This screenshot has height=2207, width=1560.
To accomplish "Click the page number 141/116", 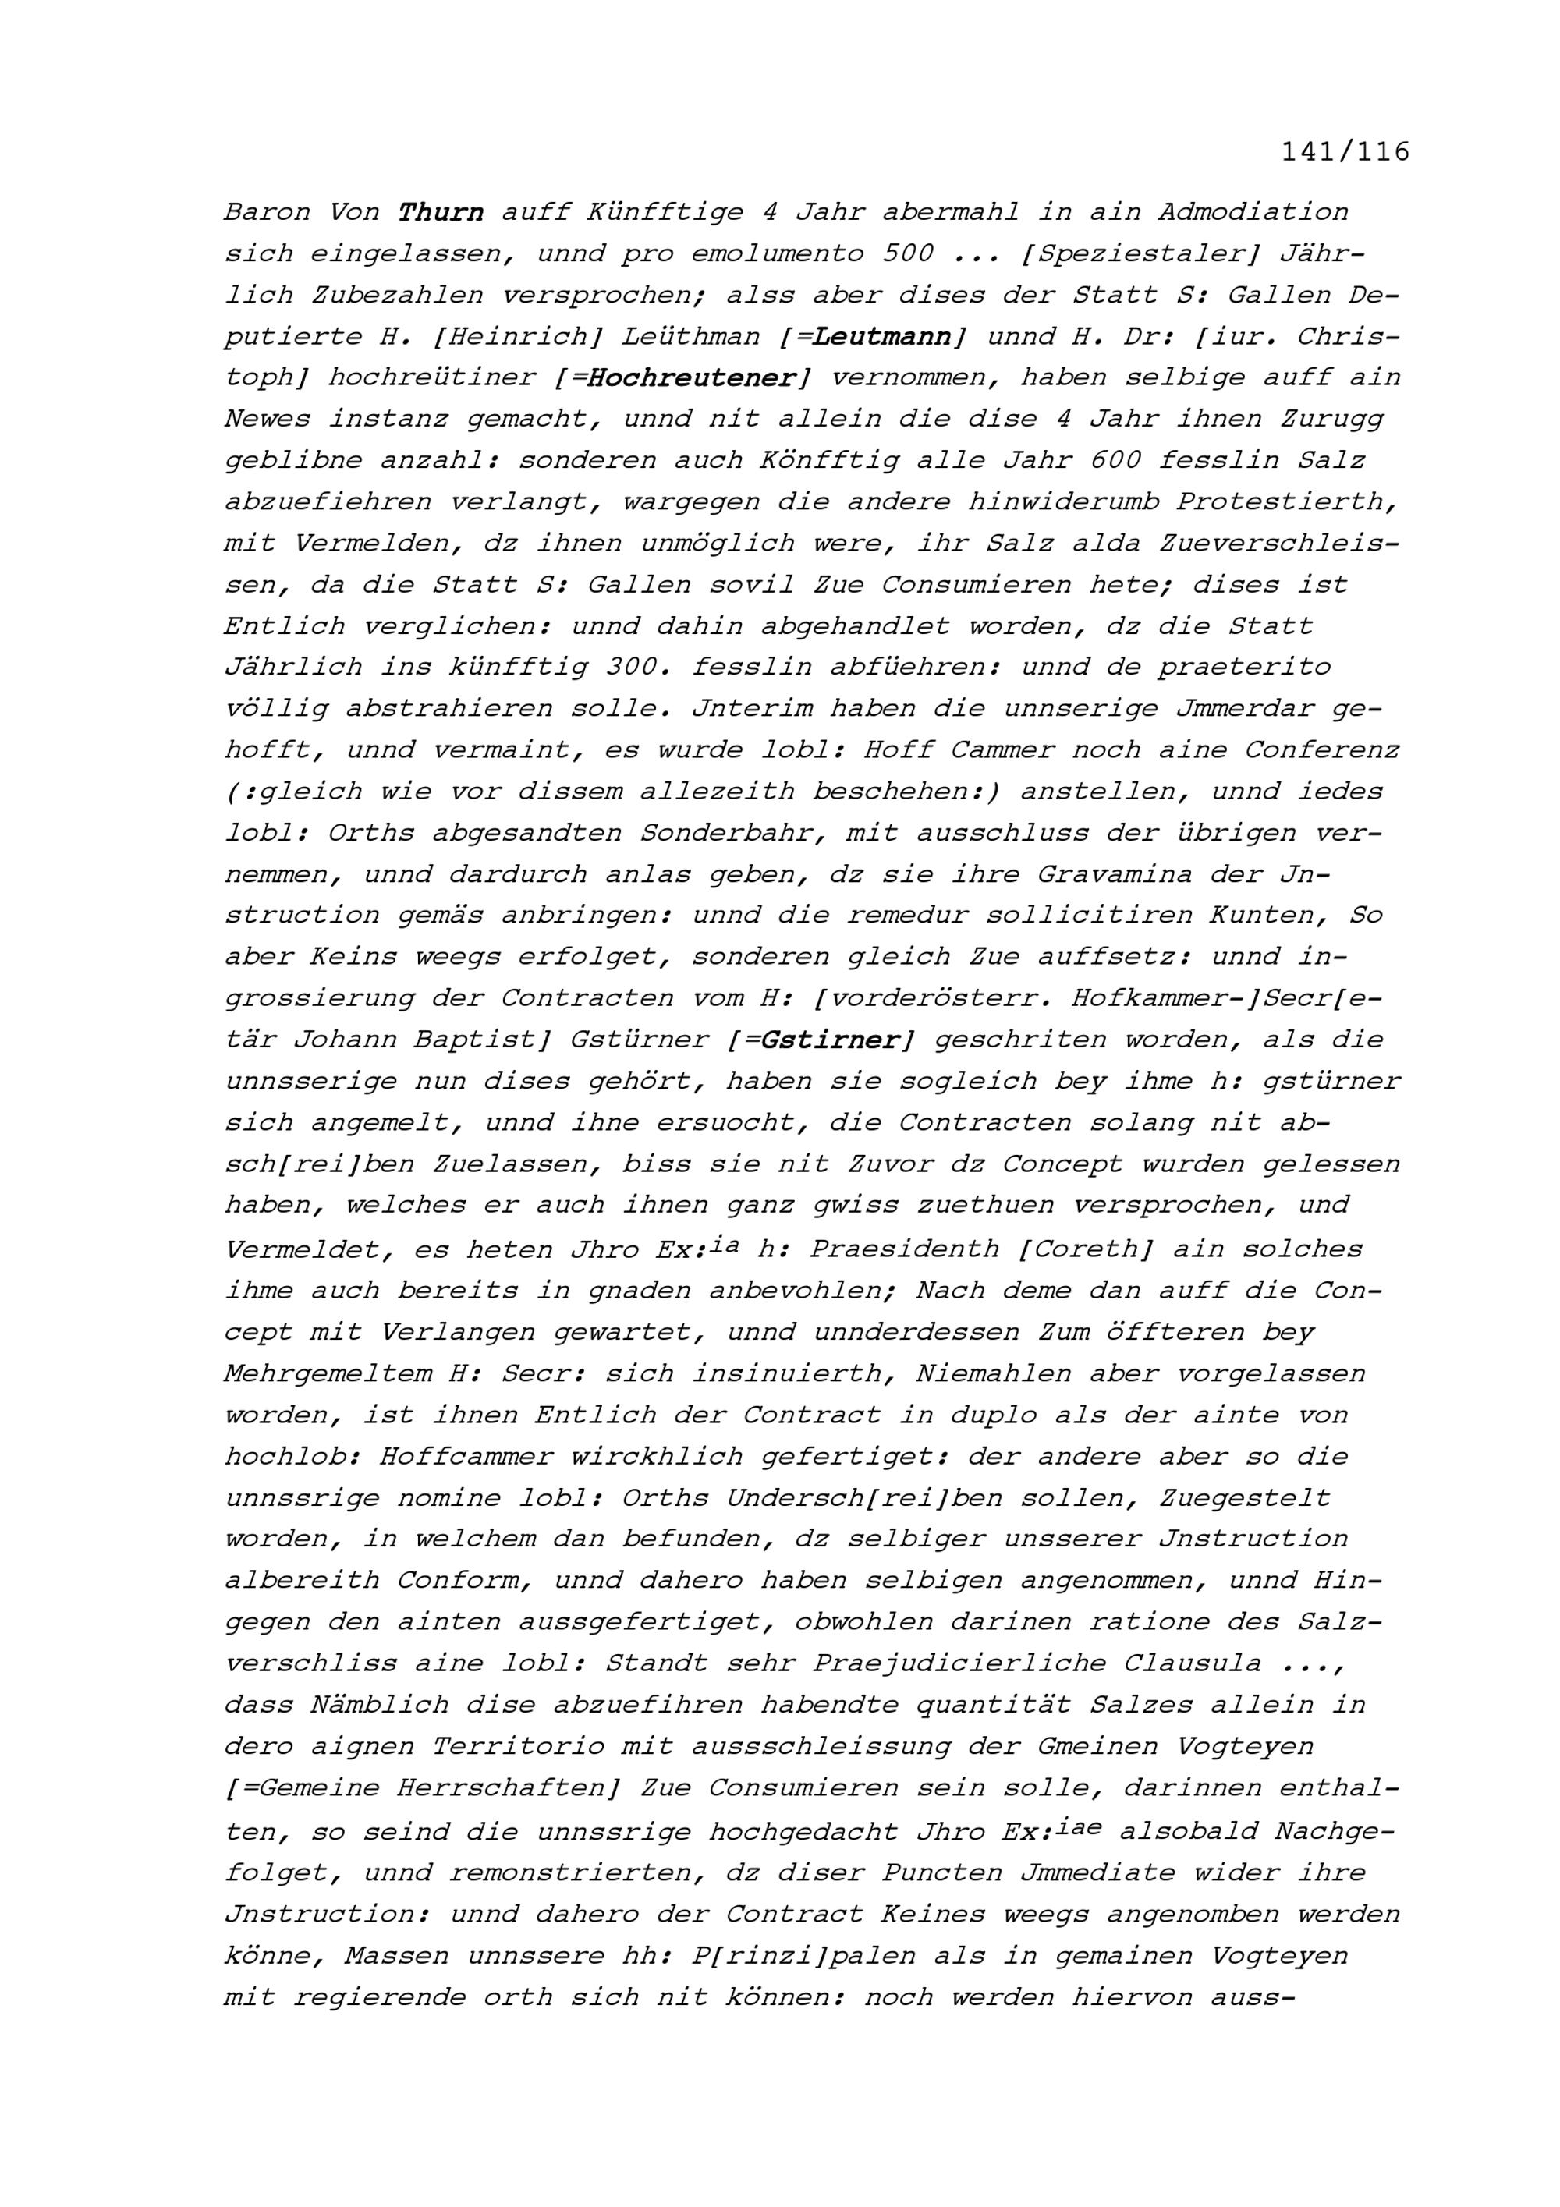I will click(1345, 152).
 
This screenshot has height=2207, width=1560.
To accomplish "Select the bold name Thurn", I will click(441, 211).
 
